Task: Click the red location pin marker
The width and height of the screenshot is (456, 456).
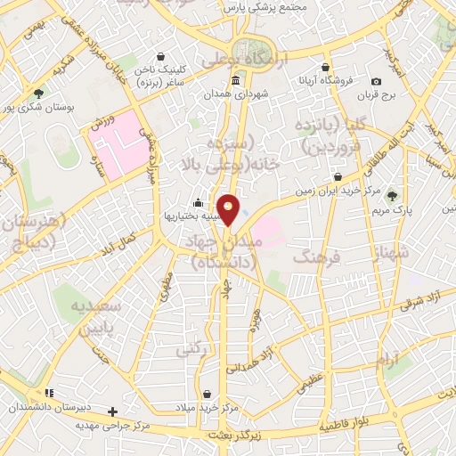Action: (229, 209)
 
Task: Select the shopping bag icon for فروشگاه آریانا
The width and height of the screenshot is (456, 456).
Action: (326, 67)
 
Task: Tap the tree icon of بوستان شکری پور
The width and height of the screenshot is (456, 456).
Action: (37, 92)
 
